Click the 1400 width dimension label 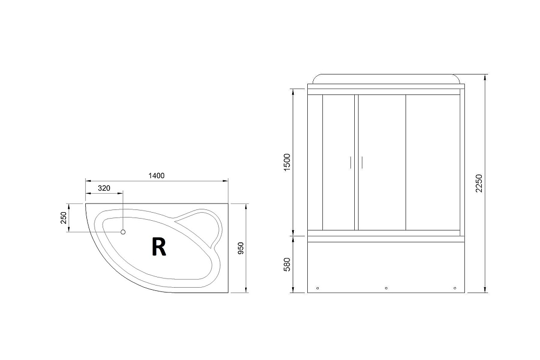point(157,175)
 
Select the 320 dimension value point(104,188)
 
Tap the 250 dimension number point(63,218)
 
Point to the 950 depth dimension point(241,248)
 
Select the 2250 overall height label point(479,185)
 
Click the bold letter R point(158,247)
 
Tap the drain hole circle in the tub point(123,232)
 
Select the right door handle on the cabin point(362,162)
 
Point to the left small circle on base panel point(318,288)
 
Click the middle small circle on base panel point(386,288)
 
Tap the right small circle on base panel point(455,288)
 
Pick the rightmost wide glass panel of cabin point(432,162)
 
